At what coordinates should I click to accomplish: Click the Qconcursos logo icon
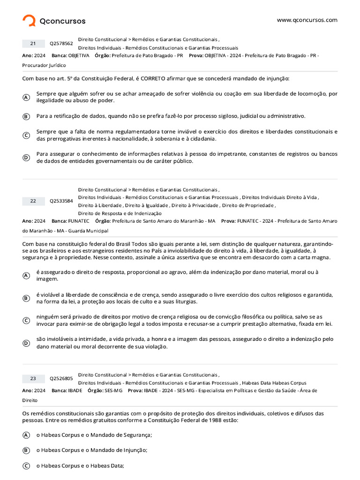[29, 21]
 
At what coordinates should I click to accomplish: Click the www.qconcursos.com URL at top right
[307, 20]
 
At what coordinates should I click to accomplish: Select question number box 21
[33, 44]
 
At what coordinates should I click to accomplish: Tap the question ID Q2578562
[61, 44]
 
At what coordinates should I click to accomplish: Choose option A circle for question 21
[26, 97]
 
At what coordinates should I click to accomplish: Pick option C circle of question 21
[26, 135]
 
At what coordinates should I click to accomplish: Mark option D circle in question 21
[26, 157]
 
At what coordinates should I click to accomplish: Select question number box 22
[33, 201]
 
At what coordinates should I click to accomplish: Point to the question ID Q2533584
[61, 201]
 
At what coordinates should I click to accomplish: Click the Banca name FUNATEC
[79, 221]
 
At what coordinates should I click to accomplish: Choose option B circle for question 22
[26, 298]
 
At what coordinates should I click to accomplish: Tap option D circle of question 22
[26, 343]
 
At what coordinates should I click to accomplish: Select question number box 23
[33, 378]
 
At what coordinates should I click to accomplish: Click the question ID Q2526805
[61, 378]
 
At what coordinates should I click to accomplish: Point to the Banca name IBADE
[75, 390]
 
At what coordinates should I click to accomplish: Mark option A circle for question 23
[26, 435]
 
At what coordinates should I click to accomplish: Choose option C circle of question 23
[26, 466]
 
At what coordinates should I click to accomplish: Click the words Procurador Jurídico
[44, 65]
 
